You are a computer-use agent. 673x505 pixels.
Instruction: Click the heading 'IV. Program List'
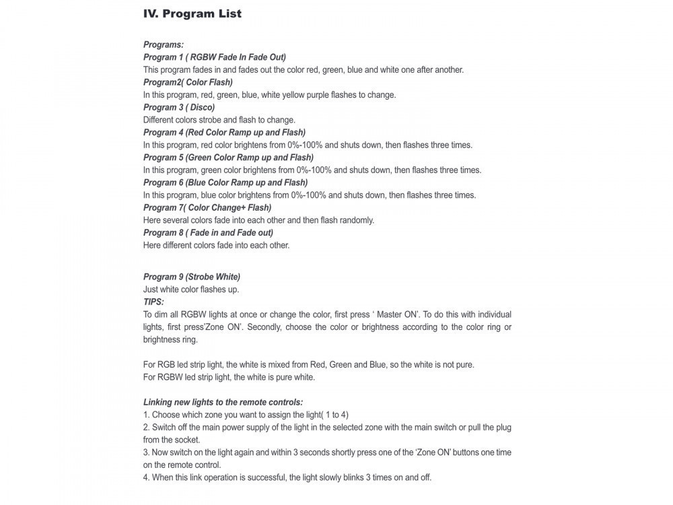(x=192, y=13)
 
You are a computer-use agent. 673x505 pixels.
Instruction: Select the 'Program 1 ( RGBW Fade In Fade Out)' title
(x=215, y=57)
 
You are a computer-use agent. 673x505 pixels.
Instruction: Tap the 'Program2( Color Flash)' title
(x=188, y=82)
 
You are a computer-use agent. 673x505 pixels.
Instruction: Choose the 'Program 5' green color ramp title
(x=228, y=158)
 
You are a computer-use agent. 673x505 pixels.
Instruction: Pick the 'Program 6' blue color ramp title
(x=225, y=182)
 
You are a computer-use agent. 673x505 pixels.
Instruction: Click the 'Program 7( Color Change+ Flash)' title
(x=207, y=207)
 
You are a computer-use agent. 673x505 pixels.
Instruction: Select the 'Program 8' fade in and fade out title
(x=208, y=232)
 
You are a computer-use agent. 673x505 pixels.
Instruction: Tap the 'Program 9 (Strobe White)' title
(x=192, y=277)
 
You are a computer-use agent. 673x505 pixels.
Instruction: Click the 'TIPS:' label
(x=153, y=302)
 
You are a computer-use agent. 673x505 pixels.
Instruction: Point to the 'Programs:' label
(x=164, y=44)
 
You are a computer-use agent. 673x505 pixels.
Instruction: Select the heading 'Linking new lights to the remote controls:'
(x=223, y=402)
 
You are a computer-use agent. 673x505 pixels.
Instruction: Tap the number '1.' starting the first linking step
(x=146, y=415)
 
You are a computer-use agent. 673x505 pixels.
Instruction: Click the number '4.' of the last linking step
(x=146, y=477)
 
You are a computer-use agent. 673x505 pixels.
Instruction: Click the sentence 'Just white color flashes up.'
(x=191, y=290)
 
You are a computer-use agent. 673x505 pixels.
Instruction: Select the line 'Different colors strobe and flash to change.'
(x=219, y=120)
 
